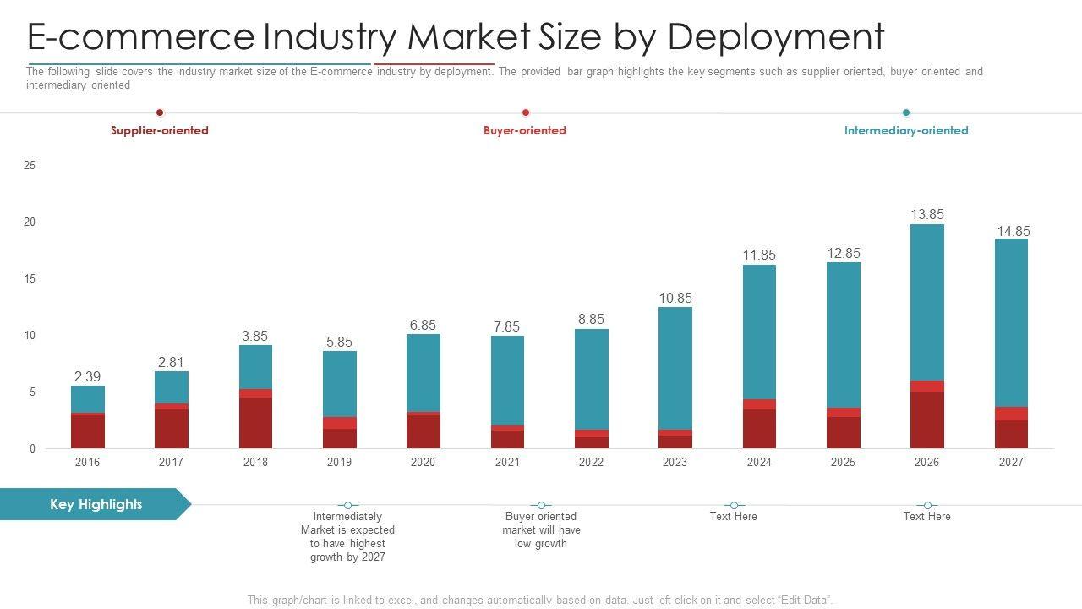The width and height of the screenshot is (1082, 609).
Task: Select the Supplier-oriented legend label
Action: point(159,130)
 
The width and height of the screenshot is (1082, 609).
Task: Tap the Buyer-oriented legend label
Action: point(524,130)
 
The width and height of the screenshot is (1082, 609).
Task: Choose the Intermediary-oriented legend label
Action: point(906,130)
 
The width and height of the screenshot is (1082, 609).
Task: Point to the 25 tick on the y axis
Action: point(30,166)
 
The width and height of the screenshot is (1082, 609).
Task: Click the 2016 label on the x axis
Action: point(87,462)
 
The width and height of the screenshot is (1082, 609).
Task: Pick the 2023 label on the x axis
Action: point(675,462)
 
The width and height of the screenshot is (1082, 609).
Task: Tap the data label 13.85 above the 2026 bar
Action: point(926,215)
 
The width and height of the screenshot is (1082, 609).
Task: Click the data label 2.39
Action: point(87,376)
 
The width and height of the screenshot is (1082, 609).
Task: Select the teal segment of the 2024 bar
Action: point(759,332)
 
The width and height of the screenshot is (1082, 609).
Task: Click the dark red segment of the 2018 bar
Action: point(255,423)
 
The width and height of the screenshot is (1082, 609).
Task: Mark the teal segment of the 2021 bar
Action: point(507,381)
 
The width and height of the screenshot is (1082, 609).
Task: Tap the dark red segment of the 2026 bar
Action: point(926,420)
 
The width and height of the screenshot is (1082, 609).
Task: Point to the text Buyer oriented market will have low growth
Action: point(541,529)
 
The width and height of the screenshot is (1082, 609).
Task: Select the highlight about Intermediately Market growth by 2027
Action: point(347,536)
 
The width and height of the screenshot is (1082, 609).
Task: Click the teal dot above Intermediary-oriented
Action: point(906,112)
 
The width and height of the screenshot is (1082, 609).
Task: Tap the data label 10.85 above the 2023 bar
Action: point(675,298)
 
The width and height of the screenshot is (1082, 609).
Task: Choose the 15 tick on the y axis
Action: point(30,279)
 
